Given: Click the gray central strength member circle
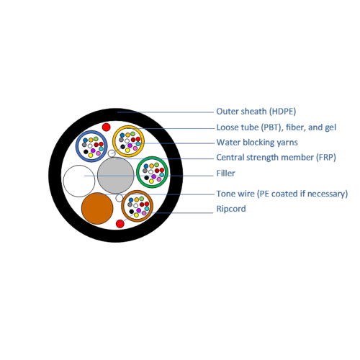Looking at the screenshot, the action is [115, 176].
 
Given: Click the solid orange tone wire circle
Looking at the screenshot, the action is [97, 208].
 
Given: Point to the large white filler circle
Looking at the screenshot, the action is [79, 181].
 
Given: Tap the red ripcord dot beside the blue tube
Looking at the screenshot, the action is [106, 127].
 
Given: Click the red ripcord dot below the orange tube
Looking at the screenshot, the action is [120, 224].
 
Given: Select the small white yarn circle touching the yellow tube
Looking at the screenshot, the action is [112, 153].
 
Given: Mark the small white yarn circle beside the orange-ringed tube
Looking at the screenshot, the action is [120, 198].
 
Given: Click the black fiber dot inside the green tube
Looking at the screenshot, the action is [146, 178].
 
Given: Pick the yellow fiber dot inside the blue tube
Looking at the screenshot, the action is [91, 156].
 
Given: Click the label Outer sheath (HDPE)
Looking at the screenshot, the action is [256, 112].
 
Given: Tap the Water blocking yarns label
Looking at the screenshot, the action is [257, 143].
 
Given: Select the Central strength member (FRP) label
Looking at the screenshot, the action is [276, 158].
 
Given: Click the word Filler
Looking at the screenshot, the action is [225, 173].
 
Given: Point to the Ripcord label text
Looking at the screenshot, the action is [231, 209].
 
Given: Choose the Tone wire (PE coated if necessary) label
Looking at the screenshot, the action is [282, 194].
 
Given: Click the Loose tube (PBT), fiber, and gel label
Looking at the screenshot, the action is [276, 127].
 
